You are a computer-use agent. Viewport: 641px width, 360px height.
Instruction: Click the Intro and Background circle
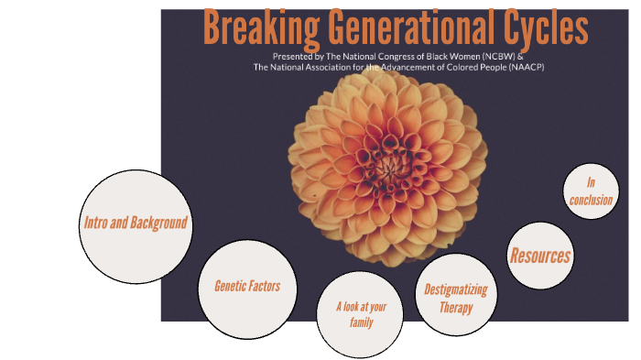click(136, 223)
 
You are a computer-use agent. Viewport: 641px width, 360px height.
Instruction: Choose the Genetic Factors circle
click(246, 287)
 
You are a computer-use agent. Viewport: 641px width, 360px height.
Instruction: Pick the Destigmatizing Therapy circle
click(455, 299)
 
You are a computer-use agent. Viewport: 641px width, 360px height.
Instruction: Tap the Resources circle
click(540, 256)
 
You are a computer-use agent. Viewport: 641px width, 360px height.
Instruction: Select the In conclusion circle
click(591, 191)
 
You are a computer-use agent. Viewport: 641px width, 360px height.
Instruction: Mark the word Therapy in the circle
click(455, 308)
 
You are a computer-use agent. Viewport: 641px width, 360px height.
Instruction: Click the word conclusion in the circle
click(591, 200)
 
